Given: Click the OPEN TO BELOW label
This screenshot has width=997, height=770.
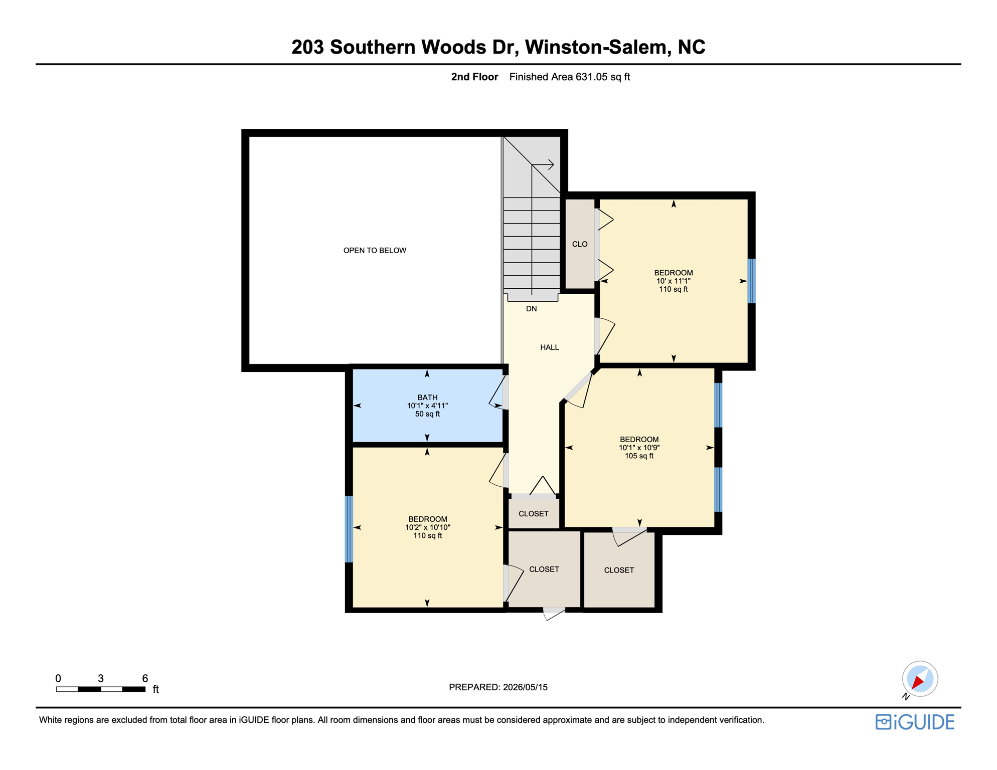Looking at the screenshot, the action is [x=375, y=250].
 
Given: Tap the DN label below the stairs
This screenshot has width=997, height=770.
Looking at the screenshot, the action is [x=532, y=309].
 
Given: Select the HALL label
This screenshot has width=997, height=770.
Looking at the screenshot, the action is [x=550, y=347].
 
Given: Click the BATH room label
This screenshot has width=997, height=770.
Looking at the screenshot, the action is [x=427, y=398].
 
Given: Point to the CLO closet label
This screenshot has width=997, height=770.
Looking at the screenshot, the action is [x=580, y=244].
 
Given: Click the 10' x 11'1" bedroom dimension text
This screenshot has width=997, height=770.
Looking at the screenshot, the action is [x=674, y=281].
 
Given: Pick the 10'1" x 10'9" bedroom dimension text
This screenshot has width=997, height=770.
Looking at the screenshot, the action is [x=639, y=448].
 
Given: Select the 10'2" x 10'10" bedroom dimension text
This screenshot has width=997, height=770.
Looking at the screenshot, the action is [x=428, y=527].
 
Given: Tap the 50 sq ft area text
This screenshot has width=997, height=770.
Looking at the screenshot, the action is [x=427, y=414].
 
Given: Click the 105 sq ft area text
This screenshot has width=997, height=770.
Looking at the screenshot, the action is [x=639, y=456].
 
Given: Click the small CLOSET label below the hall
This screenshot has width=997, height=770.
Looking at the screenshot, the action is [x=534, y=514].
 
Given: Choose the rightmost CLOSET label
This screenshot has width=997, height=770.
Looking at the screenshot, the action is [x=619, y=570].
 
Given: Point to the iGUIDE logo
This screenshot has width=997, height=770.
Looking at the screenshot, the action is [x=915, y=722].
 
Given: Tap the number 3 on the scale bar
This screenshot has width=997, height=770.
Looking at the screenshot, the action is [x=101, y=678].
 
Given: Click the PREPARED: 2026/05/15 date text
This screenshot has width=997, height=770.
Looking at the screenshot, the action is [x=498, y=687].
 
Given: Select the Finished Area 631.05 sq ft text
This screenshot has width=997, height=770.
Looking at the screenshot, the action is [x=569, y=77].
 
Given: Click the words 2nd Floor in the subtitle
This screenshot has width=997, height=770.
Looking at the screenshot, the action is [x=474, y=77].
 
